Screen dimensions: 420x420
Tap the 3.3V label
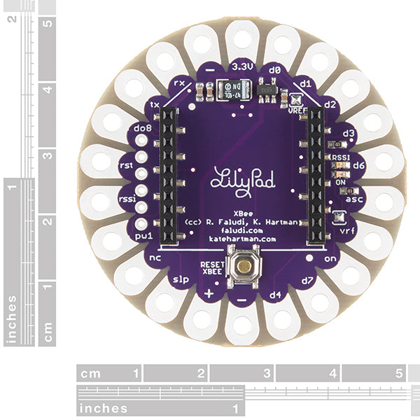coord(241,69)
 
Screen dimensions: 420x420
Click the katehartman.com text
coord(237,239)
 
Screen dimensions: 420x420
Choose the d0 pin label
coord(275,71)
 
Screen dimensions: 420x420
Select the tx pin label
coord(155,105)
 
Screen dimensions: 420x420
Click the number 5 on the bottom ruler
coord(399,373)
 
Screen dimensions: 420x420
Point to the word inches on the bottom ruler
coord(103,408)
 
